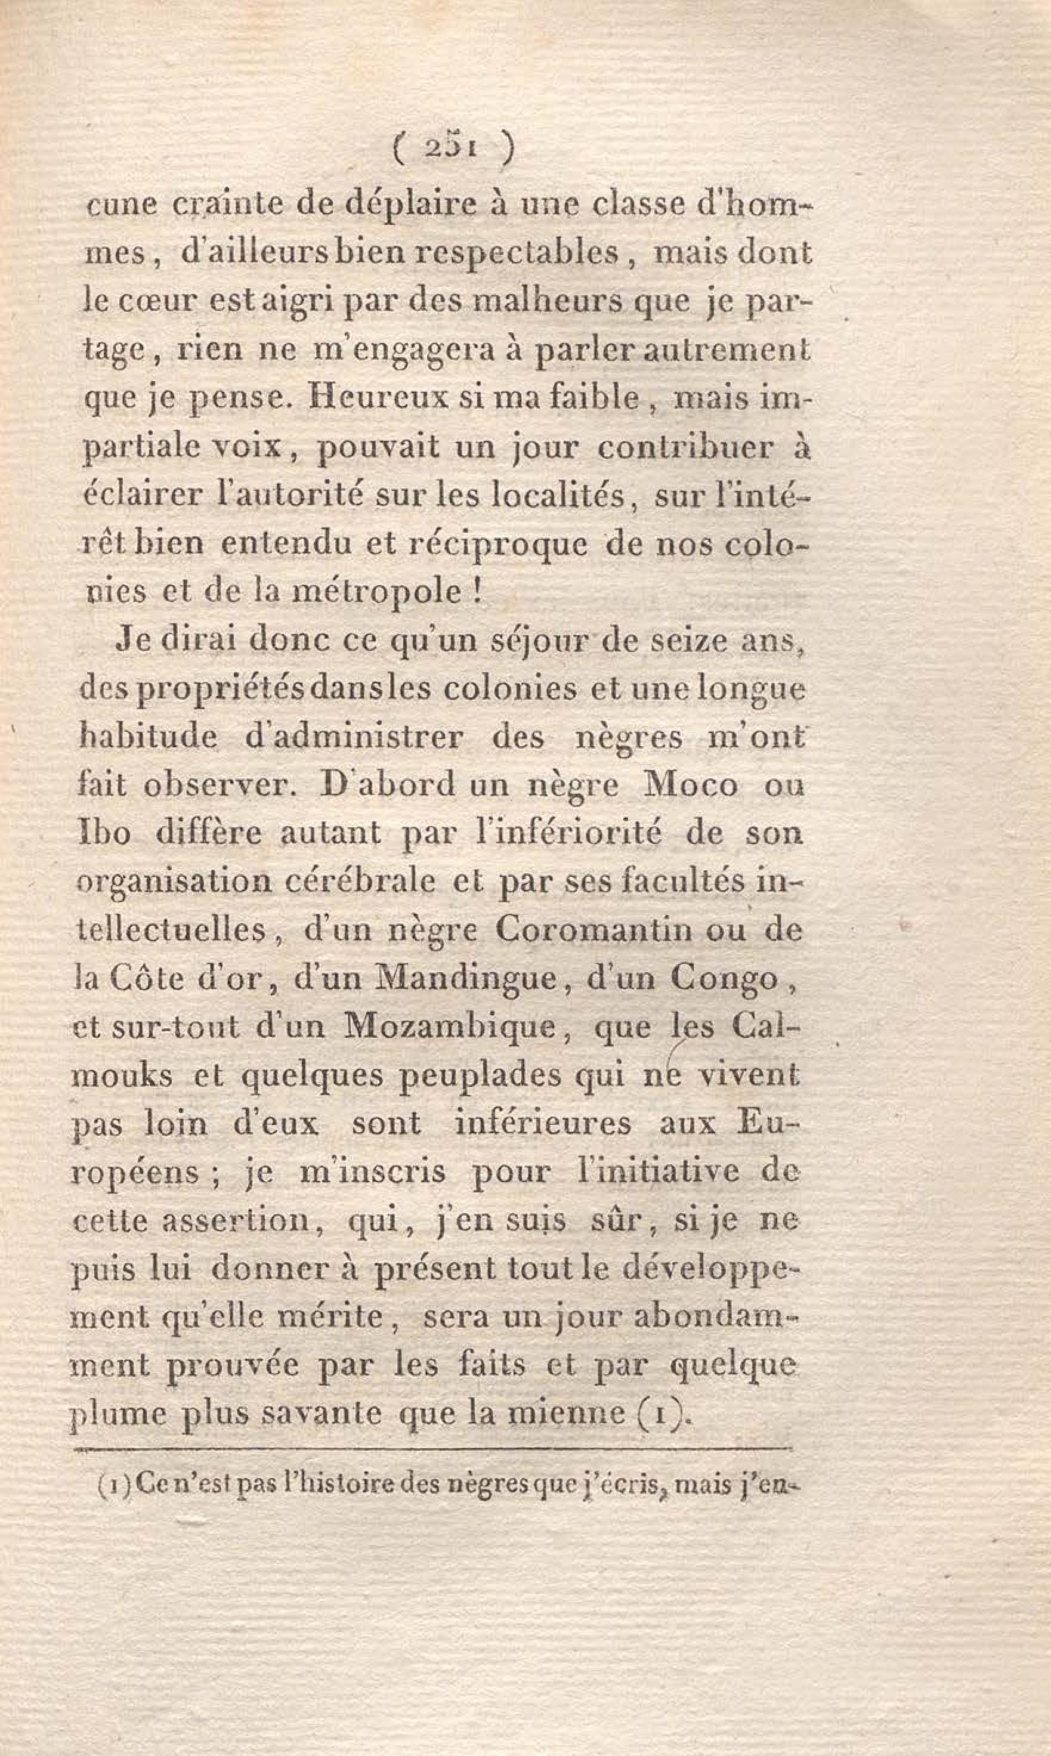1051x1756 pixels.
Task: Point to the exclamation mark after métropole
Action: point(477,591)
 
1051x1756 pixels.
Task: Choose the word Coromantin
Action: point(593,930)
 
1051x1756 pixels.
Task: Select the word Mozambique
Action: point(449,1027)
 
